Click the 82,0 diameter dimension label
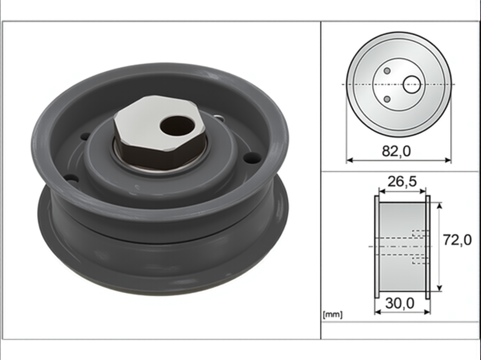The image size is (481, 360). click(x=396, y=151)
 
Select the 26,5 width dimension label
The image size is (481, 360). click(x=402, y=182)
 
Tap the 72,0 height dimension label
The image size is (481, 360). click(x=457, y=240)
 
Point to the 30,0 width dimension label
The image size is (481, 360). click(x=400, y=303)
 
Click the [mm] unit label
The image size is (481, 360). click(x=332, y=315)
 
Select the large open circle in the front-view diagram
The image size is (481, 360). click(x=412, y=84)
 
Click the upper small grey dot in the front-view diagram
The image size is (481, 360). click(x=387, y=71)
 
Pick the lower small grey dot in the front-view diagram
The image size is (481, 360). click(x=387, y=99)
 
